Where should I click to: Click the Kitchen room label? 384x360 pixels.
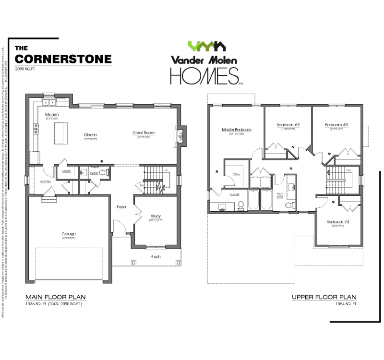point(52,115)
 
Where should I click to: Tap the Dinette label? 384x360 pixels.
point(91,135)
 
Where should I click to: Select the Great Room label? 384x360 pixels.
point(144,132)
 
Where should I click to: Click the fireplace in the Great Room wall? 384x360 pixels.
point(181,134)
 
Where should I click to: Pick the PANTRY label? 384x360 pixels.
point(66,170)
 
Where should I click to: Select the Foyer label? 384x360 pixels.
point(121,207)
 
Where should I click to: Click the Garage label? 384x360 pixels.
point(69,234)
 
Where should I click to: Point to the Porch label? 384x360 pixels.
point(155,257)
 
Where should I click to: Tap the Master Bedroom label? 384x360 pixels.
point(237,130)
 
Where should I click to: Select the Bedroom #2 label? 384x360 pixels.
point(288,125)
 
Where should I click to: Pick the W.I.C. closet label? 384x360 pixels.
point(236,173)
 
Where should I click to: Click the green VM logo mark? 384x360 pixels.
point(207,47)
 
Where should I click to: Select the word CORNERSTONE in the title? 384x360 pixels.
point(63,59)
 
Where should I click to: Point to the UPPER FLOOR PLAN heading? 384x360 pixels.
point(324,297)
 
